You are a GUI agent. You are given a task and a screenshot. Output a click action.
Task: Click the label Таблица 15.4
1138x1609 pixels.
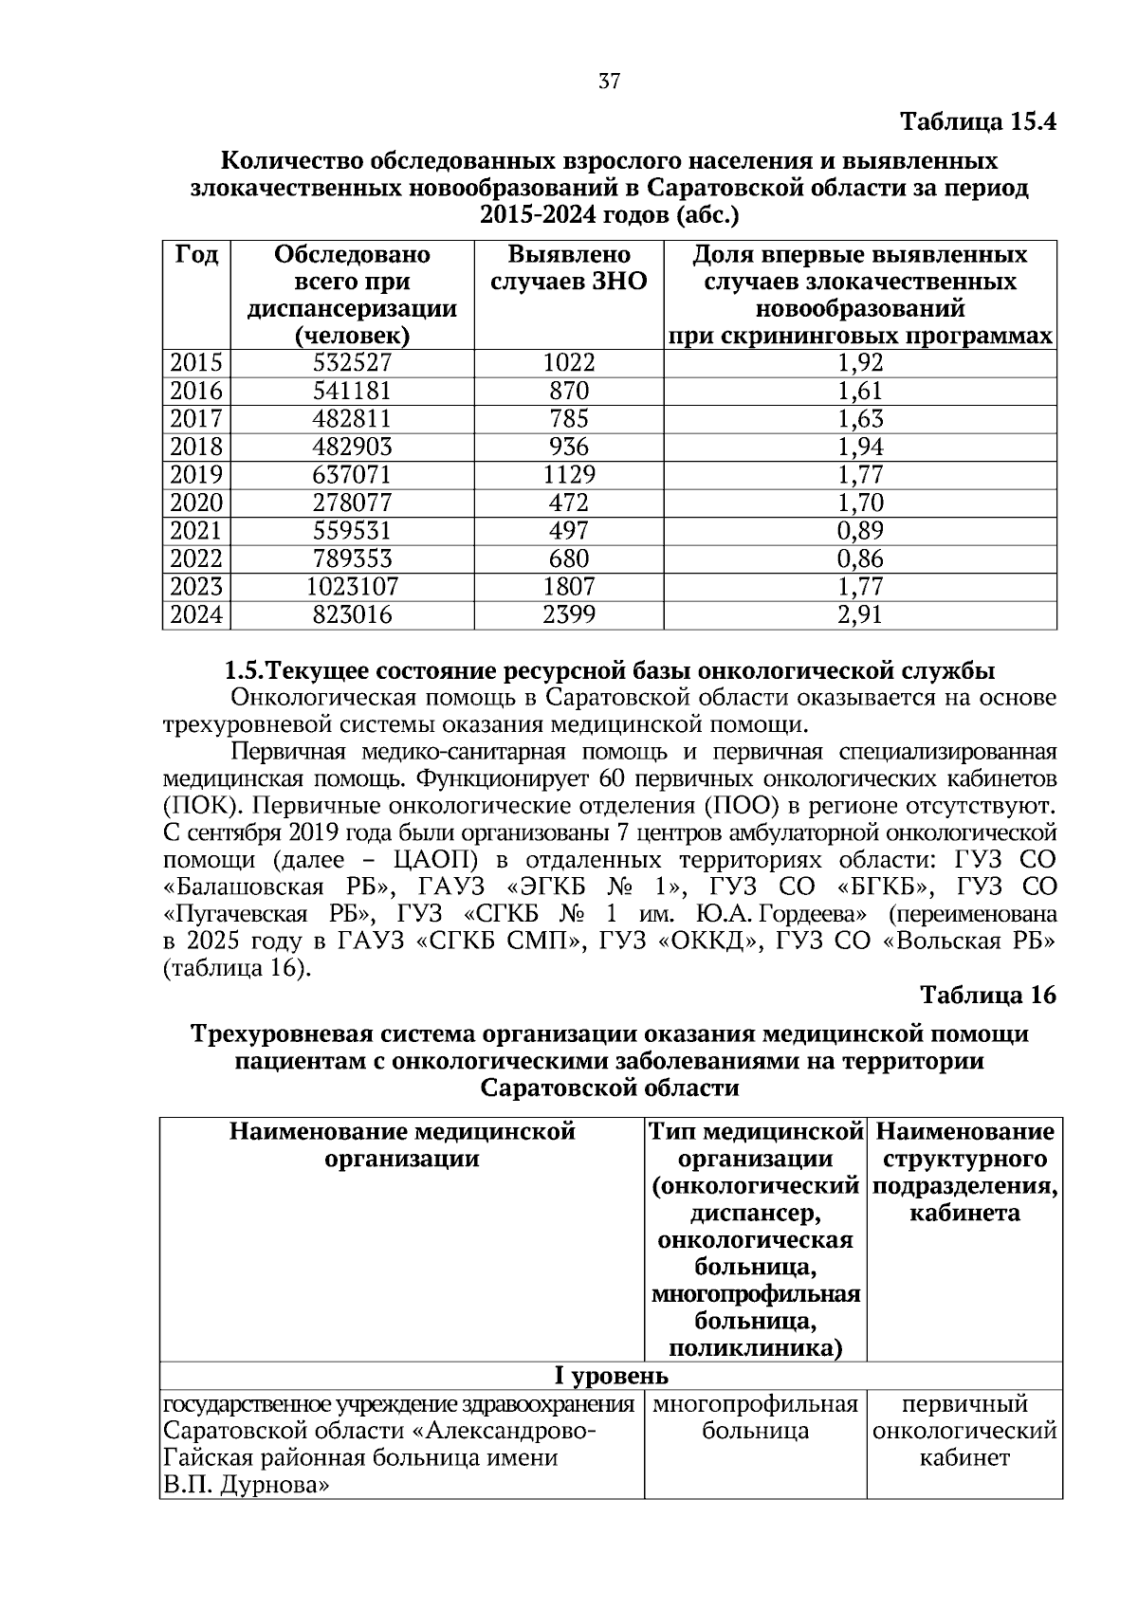977,122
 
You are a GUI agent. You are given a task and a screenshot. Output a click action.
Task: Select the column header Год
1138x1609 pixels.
196,255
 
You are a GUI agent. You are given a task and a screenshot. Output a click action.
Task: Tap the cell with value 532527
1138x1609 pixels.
352,363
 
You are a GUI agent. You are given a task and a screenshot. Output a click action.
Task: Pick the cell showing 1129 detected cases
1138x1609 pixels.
569,474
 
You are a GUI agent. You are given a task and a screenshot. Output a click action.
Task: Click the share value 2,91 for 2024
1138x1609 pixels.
860,615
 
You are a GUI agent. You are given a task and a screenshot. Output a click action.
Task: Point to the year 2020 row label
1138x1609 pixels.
196,503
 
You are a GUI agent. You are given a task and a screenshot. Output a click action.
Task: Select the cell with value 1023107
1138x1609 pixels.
352,587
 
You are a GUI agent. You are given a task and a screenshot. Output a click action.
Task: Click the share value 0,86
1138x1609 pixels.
860,558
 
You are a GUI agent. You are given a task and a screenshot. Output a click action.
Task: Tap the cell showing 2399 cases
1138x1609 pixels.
569,615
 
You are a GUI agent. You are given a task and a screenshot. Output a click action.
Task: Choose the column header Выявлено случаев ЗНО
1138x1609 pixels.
569,268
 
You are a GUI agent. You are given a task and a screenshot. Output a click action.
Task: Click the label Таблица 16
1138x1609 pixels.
987,995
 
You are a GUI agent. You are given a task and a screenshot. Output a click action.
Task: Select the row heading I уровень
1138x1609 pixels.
611,1376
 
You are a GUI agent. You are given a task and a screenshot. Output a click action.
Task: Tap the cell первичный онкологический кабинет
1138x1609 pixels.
964,1431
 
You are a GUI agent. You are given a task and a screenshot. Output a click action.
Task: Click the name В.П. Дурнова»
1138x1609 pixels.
246,1486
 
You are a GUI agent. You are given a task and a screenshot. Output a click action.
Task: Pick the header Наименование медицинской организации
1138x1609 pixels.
402,1145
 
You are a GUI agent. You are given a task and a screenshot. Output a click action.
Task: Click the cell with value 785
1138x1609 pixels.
569,418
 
